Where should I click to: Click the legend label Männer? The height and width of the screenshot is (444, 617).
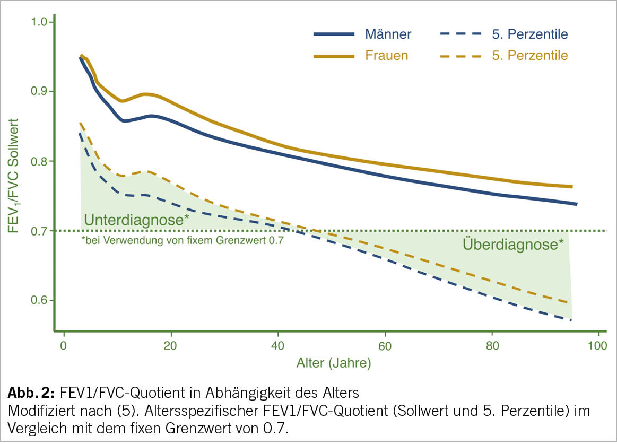388,35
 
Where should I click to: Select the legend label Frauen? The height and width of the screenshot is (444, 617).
387,55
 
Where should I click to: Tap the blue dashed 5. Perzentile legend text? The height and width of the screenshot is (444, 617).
529,35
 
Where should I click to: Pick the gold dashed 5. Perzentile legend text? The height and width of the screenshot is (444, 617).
529,55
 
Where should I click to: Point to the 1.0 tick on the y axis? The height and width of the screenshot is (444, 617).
39,22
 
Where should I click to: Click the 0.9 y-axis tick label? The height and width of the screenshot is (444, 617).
39,92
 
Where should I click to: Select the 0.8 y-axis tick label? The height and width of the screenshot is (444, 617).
39,161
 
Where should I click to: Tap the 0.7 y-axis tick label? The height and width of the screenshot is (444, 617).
39,231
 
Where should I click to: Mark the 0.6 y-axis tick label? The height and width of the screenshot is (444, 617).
39,301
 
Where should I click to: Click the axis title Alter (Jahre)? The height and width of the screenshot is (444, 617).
333,363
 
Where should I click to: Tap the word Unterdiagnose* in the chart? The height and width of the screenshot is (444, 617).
136,220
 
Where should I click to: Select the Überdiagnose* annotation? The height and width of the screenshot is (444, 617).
513,245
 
